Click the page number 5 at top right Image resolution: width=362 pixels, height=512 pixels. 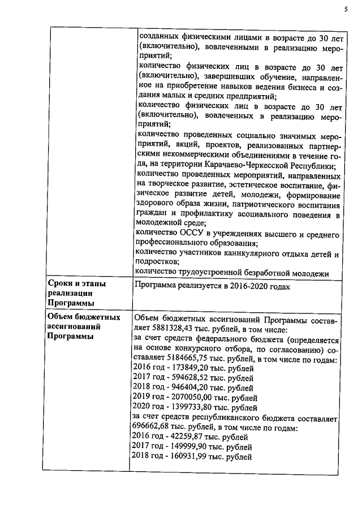click(344, 8)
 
